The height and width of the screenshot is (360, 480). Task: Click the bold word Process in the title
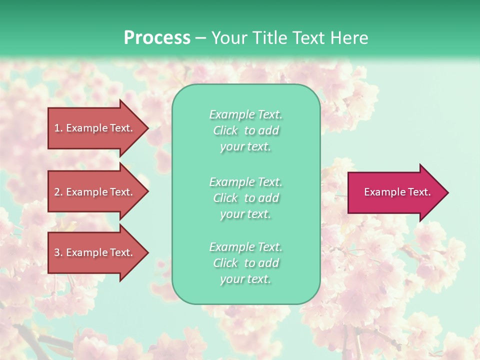[x=157, y=38]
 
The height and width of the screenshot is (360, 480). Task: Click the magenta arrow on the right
[x=395, y=192]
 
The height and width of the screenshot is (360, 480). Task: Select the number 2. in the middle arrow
[x=58, y=192]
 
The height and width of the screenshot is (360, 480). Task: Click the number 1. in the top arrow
[x=58, y=128]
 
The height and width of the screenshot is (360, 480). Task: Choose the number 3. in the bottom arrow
[x=58, y=252]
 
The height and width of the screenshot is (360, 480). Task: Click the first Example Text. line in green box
[x=245, y=114]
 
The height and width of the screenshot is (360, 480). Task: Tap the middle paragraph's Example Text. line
[x=245, y=182]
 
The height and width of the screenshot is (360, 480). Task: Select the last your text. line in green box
[x=245, y=279]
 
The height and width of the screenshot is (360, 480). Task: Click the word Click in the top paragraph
[x=225, y=130]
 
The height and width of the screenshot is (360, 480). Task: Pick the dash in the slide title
[x=200, y=38]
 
